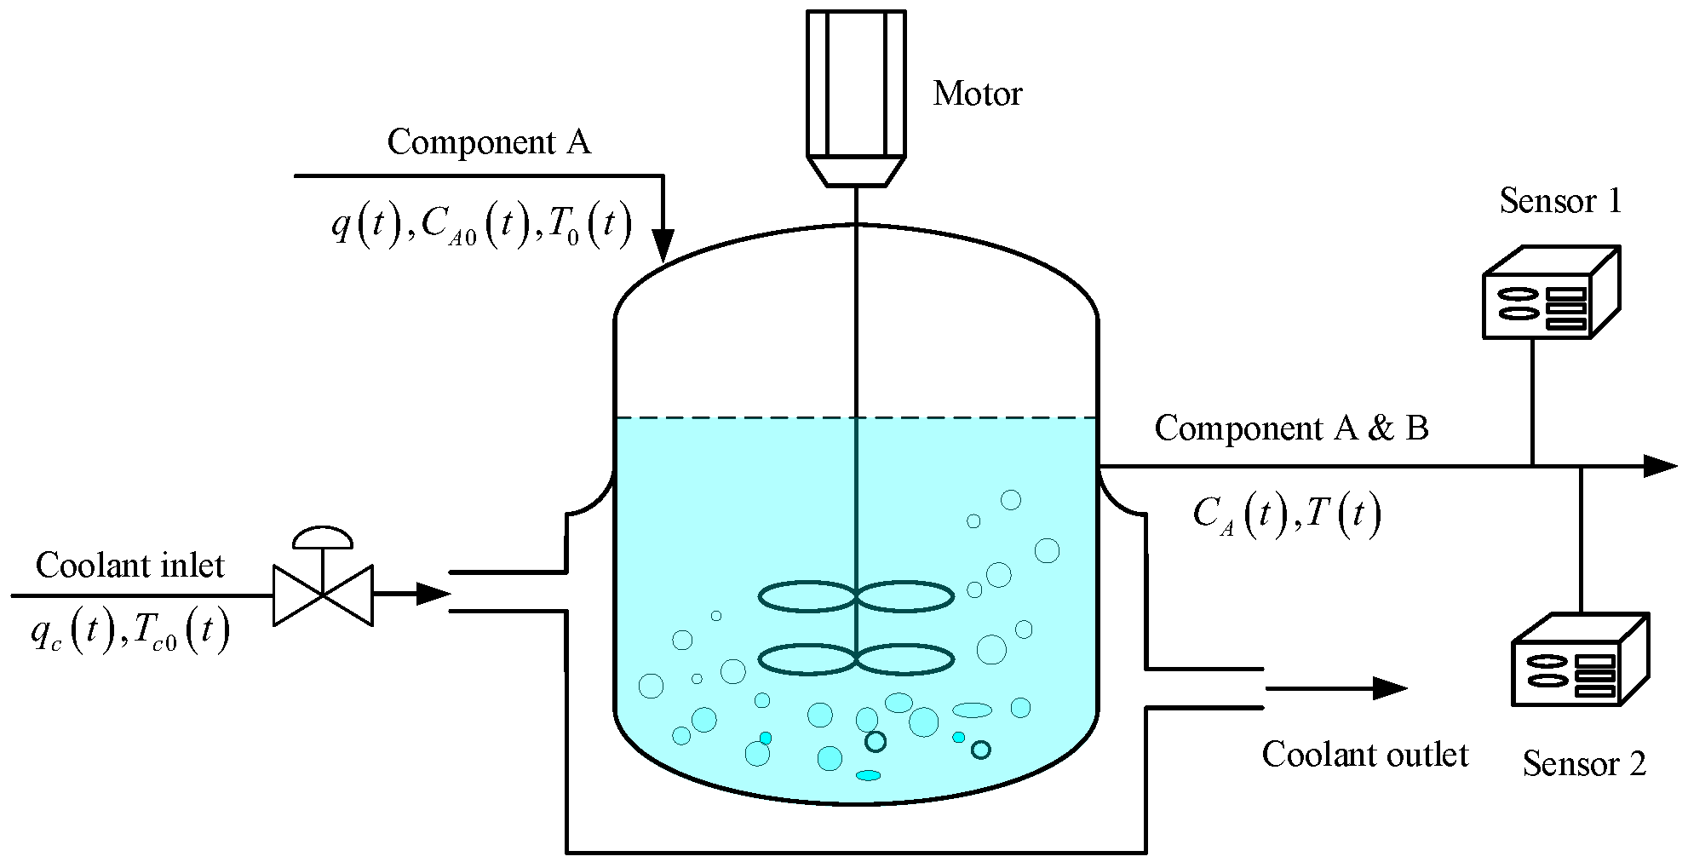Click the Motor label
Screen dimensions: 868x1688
pyautogui.click(x=977, y=94)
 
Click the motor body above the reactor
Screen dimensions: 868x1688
pyautogui.click(x=855, y=85)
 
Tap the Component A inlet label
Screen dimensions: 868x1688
pyautogui.click(x=489, y=142)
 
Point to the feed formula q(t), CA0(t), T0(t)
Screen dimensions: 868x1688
pyautogui.click(x=481, y=227)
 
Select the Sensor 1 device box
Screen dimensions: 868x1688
pyautogui.click(x=1550, y=294)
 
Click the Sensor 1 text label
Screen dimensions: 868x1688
pyautogui.click(x=1560, y=202)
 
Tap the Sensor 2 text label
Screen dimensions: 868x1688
pyautogui.click(x=1584, y=764)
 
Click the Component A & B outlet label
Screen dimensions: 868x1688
pyautogui.click(x=1291, y=428)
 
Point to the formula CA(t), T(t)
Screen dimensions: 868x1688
pyautogui.click(x=1286, y=514)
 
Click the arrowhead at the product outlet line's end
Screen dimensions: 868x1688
pyautogui.click(x=1659, y=466)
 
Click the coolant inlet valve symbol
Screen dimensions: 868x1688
pyautogui.click(x=323, y=588)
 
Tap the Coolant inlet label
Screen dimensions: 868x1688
pyautogui.click(x=130, y=566)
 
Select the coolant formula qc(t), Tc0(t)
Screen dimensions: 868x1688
pyautogui.click(x=130, y=634)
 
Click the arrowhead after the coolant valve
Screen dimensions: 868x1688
pyautogui.click(x=433, y=594)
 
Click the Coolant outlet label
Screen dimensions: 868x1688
pyautogui.click(x=1364, y=755)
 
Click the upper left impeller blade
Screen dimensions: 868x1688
pyautogui.click(x=807, y=597)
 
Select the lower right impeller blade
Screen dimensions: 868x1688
pyautogui.click(x=904, y=660)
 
